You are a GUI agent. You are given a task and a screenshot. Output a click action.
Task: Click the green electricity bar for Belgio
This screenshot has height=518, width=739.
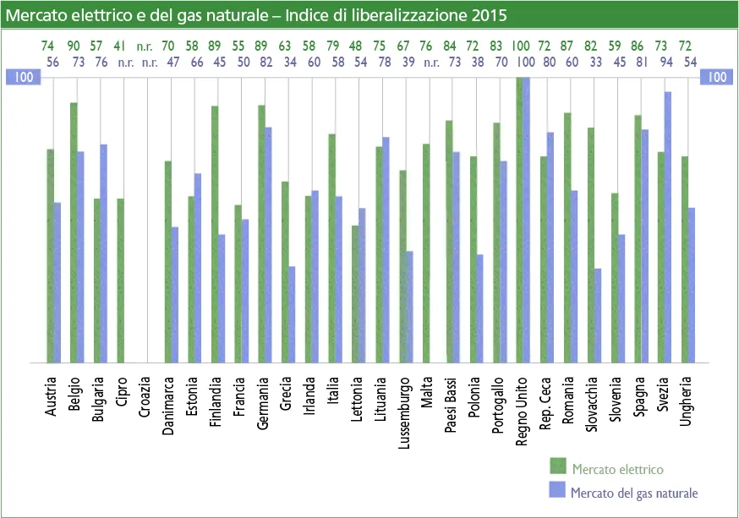click(x=74, y=232)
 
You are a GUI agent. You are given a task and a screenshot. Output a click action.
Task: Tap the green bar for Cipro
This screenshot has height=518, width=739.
click(x=121, y=280)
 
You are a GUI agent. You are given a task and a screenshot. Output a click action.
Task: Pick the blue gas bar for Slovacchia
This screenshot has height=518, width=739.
click(x=598, y=315)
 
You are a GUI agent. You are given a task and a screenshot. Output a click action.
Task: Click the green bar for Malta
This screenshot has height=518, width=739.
click(x=427, y=253)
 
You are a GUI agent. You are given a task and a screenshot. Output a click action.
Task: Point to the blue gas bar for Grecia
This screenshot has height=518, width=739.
click(x=292, y=314)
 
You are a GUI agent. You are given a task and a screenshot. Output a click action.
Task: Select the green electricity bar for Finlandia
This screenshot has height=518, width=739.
click(x=216, y=234)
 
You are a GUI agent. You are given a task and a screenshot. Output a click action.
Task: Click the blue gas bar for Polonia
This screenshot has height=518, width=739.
click(x=480, y=308)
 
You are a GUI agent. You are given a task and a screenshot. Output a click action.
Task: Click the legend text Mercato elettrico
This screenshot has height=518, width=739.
click(x=617, y=469)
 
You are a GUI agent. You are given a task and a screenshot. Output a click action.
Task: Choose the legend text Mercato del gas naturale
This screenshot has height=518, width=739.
click(x=635, y=493)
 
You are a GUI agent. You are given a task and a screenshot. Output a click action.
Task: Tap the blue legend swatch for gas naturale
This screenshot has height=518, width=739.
click(x=556, y=490)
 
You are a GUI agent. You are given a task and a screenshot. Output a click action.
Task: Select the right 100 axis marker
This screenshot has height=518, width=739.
click(x=715, y=77)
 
